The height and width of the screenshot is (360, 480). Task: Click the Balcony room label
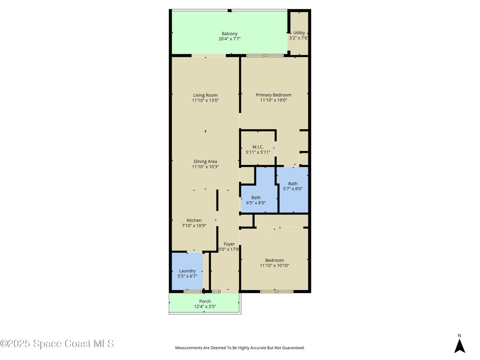pyautogui.click(x=230, y=34)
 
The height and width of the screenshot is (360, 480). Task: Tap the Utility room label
pyautogui.click(x=299, y=33)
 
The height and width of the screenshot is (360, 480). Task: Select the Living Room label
pyautogui.click(x=205, y=95)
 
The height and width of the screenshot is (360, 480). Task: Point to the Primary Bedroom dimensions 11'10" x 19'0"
pyautogui.click(x=273, y=100)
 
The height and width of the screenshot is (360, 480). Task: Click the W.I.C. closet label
pyautogui.click(x=258, y=147)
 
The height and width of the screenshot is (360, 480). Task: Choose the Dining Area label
pyautogui.click(x=205, y=162)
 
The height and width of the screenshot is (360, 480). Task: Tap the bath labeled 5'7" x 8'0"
pyautogui.click(x=292, y=186)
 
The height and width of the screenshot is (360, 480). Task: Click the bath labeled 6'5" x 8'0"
pyautogui.click(x=256, y=200)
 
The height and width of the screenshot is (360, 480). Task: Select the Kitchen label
pyautogui.click(x=194, y=220)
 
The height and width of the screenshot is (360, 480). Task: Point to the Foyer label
pyautogui.click(x=229, y=244)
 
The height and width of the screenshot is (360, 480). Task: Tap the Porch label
pyautogui.click(x=205, y=301)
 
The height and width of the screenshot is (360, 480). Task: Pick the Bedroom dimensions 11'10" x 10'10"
pyautogui.click(x=275, y=266)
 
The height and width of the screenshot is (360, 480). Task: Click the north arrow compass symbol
pyautogui.click(x=459, y=346)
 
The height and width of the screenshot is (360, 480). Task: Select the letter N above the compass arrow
pyautogui.click(x=459, y=336)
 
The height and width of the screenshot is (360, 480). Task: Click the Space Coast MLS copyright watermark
pyautogui.click(x=57, y=344)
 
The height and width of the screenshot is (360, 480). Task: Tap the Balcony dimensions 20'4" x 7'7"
pyautogui.click(x=230, y=39)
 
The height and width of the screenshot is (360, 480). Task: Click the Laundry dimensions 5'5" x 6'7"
pyautogui.click(x=187, y=276)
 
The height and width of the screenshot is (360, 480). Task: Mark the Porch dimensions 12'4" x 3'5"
pyautogui.click(x=205, y=307)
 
